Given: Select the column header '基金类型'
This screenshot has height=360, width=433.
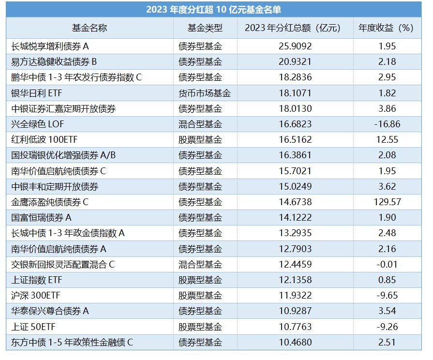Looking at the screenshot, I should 205,28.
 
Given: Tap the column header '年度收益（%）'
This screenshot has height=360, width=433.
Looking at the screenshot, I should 387,28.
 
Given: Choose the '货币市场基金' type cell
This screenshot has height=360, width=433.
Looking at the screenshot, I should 205,93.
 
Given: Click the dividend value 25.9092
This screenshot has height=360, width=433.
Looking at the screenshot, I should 295,46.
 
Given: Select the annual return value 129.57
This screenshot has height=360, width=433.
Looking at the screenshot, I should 387,202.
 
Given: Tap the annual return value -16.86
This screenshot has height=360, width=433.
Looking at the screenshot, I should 387,124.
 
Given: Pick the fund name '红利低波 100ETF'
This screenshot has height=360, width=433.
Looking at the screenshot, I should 44,140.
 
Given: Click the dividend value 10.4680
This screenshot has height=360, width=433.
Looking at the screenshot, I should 295,343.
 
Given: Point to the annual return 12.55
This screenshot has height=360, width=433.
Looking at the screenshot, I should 387,140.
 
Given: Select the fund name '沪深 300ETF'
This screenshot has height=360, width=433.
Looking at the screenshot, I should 35,296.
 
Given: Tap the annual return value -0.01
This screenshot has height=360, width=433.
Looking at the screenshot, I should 387,265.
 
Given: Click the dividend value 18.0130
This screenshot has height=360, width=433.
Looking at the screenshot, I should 295,109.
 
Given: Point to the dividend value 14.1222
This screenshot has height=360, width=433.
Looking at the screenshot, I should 295,218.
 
